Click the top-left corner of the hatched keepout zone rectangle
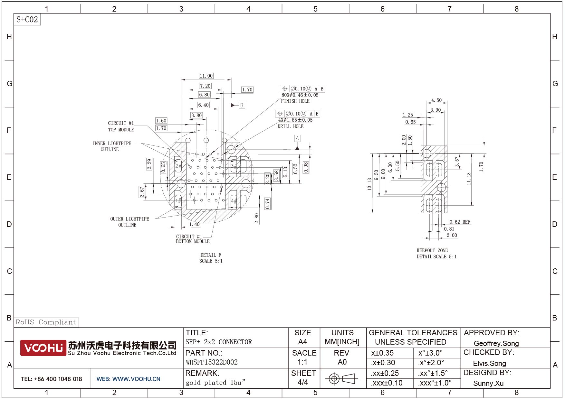(x=421, y=146)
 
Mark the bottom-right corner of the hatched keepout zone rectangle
(x=447, y=213)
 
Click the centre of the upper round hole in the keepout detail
(x=426, y=153)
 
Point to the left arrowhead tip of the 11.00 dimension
(x=181, y=79)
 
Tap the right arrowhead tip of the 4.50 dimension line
(x=447, y=103)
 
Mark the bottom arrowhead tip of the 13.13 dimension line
(x=372, y=213)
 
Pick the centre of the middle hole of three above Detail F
(x=206, y=140)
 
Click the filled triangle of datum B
(x=233, y=105)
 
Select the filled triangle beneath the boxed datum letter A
(x=297, y=148)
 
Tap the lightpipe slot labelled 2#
(x=178, y=166)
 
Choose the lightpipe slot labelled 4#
(x=233, y=200)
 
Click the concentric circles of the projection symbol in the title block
(x=334, y=379)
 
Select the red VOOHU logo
(x=43, y=348)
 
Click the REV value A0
(x=342, y=362)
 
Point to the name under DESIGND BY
(x=488, y=384)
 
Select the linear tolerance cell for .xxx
(x=387, y=383)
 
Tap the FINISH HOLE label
(x=295, y=101)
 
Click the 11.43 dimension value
(x=469, y=179)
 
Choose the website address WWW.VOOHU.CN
(x=136, y=379)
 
